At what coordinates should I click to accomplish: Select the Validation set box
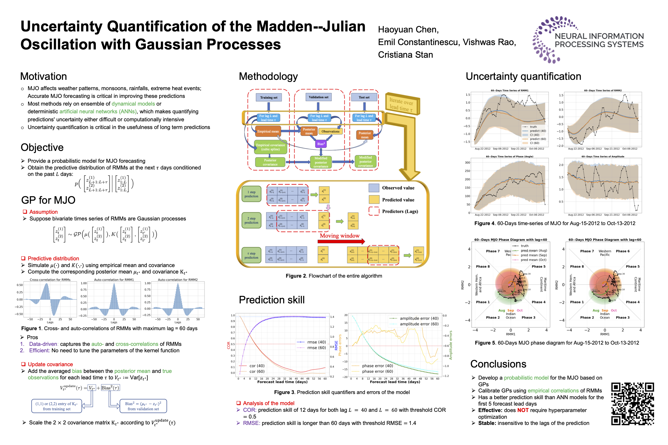[318, 97]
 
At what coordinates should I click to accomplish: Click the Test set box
[364, 97]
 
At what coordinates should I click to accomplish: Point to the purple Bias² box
[321, 144]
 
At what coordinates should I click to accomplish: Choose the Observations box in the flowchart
[330, 131]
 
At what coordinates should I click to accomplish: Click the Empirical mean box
[268, 131]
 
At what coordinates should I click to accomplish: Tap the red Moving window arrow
[341, 242]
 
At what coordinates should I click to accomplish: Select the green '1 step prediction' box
[251, 194]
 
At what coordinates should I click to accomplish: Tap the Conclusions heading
[498, 364]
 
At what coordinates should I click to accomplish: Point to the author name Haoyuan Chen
[408, 30]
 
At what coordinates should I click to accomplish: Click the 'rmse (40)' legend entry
[316, 342]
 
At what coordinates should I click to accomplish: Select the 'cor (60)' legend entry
[257, 372]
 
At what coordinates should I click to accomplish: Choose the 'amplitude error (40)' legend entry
[419, 318]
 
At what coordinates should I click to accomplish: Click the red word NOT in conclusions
[523, 410]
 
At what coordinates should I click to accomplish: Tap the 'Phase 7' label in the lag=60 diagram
[587, 251]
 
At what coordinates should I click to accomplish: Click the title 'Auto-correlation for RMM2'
[178, 280]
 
